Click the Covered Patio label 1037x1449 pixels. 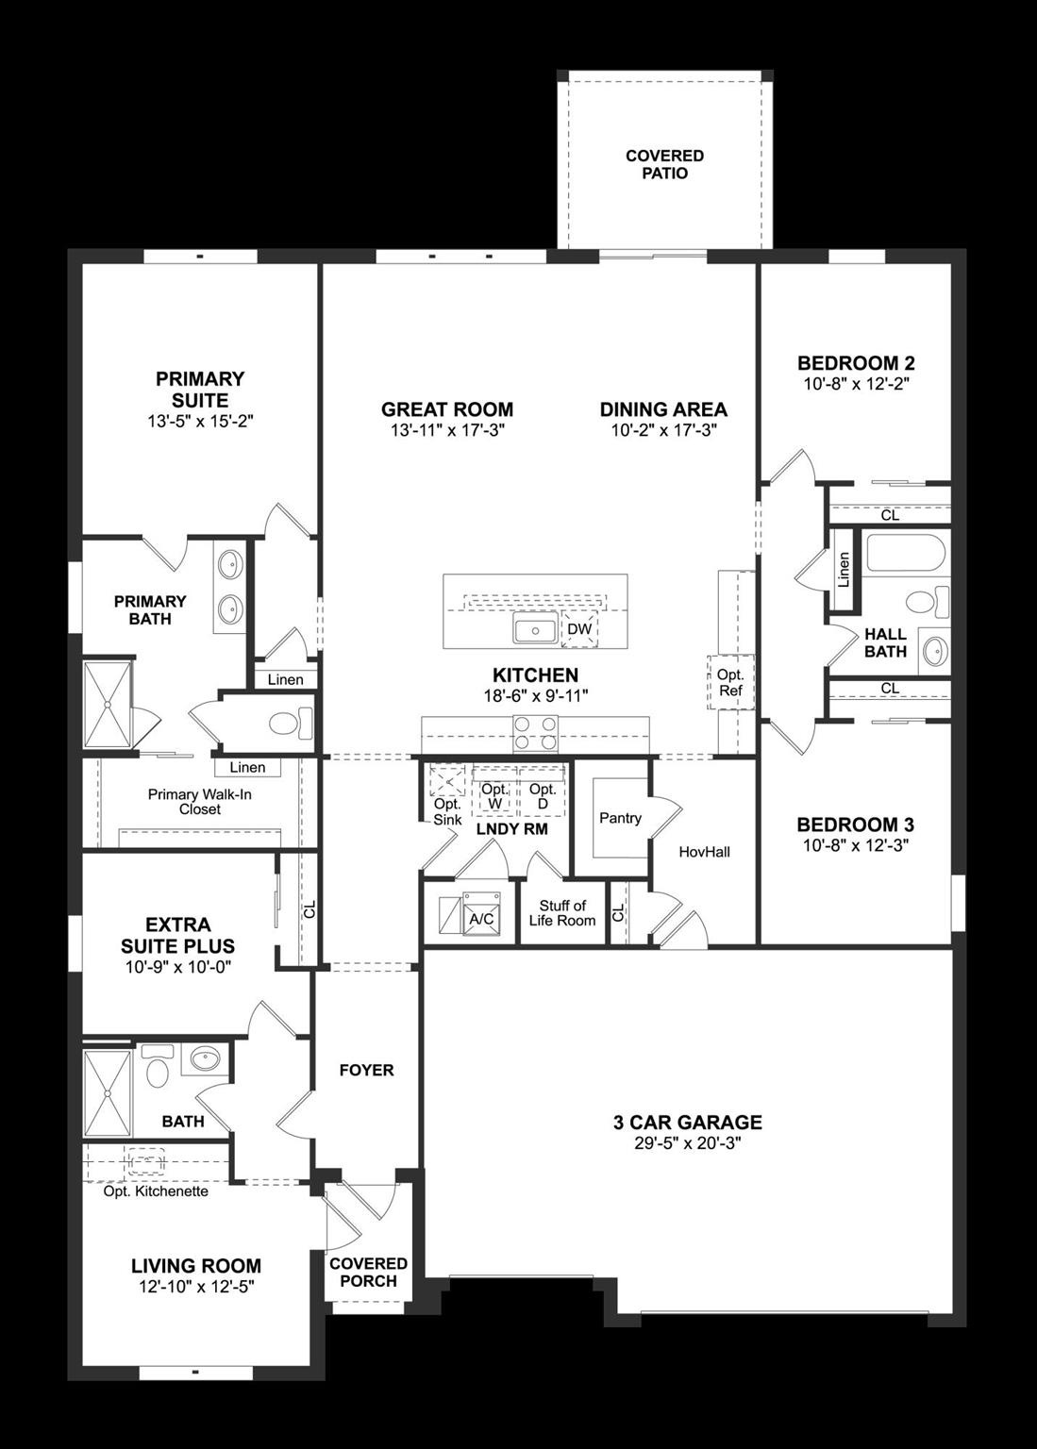pos(664,164)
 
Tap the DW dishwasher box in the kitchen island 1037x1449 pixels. pos(579,629)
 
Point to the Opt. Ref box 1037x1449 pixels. pos(730,682)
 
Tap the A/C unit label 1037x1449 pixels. pos(480,918)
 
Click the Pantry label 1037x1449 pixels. pos(620,818)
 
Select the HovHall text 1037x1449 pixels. pos(704,852)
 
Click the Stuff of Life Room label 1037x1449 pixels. pos(562,913)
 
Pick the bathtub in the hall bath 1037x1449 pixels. pos(905,554)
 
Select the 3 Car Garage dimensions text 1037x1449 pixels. pos(687,1143)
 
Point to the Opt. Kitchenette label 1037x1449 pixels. pos(156,1191)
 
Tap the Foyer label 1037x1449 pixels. pos(366,1070)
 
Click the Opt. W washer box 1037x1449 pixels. pos(494,796)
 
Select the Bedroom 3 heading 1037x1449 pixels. pos(855,824)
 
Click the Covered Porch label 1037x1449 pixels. pos(368,1272)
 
